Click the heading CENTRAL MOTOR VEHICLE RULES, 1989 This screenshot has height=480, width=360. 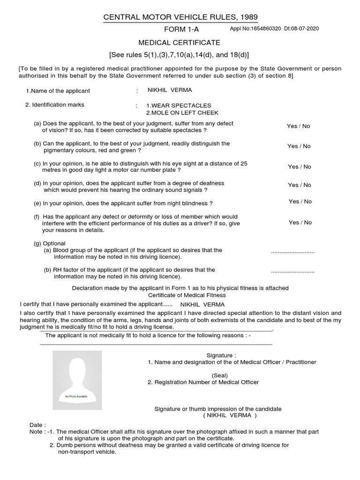point(180,18)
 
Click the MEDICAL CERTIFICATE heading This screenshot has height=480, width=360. point(180,42)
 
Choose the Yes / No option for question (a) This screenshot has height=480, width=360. point(299,127)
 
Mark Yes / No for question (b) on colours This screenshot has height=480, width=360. point(299,146)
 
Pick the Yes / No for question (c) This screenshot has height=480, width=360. point(300,167)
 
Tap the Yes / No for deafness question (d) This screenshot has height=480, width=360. point(300,185)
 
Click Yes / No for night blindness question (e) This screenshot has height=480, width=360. point(300,202)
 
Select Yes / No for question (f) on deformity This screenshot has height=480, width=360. point(300,223)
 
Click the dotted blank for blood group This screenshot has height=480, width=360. point(292,252)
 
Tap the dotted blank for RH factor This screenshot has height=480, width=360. point(292,272)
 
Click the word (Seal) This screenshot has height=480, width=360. point(219,375)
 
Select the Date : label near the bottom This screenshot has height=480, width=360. point(38,425)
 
